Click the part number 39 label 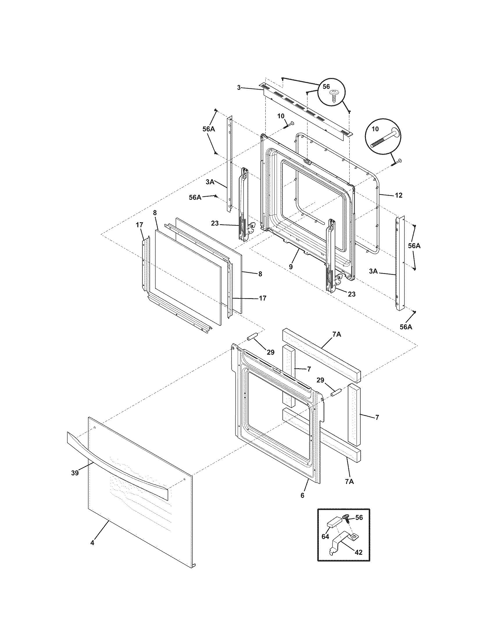75,481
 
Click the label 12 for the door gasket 399,195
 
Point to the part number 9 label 291,267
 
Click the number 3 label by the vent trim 239,88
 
